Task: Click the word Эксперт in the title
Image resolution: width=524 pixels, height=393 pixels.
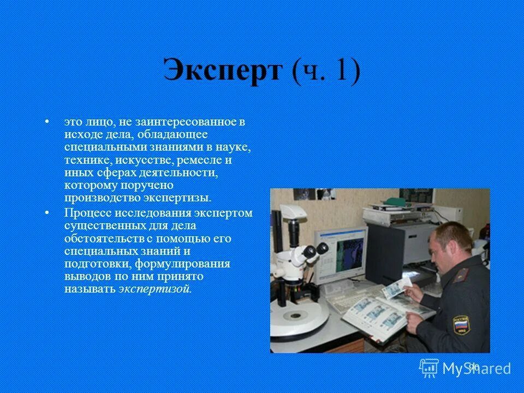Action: point(222,71)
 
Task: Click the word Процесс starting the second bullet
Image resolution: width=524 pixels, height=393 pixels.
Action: point(86,213)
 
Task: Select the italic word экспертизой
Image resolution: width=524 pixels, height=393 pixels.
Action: point(155,289)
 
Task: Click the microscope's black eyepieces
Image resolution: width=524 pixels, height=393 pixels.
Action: point(315,250)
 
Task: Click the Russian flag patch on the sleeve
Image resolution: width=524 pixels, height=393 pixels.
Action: point(461,326)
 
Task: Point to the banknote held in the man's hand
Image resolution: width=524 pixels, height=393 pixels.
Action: point(397,287)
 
